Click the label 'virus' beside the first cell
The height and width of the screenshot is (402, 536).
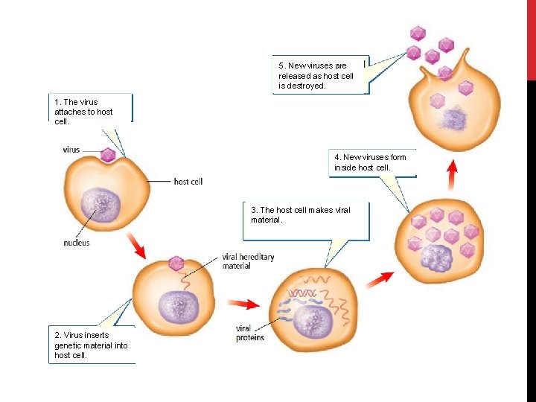(x=71, y=150)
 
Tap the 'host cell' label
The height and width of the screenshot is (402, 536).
(x=188, y=181)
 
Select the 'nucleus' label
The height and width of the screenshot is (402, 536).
(x=77, y=243)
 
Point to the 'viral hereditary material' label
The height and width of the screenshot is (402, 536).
(x=248, y=261)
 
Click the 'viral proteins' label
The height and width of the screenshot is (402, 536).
(x=249, y=333)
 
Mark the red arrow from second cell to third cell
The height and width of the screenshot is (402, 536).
(x=243, y=303)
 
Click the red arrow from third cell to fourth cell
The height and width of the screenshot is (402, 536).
(x=380, y=278)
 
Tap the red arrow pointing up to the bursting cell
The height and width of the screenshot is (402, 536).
(x=451, y=175)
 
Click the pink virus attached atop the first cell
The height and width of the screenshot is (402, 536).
(x=108, y=155)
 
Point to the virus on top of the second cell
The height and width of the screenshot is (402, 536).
(x=176, y=263)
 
